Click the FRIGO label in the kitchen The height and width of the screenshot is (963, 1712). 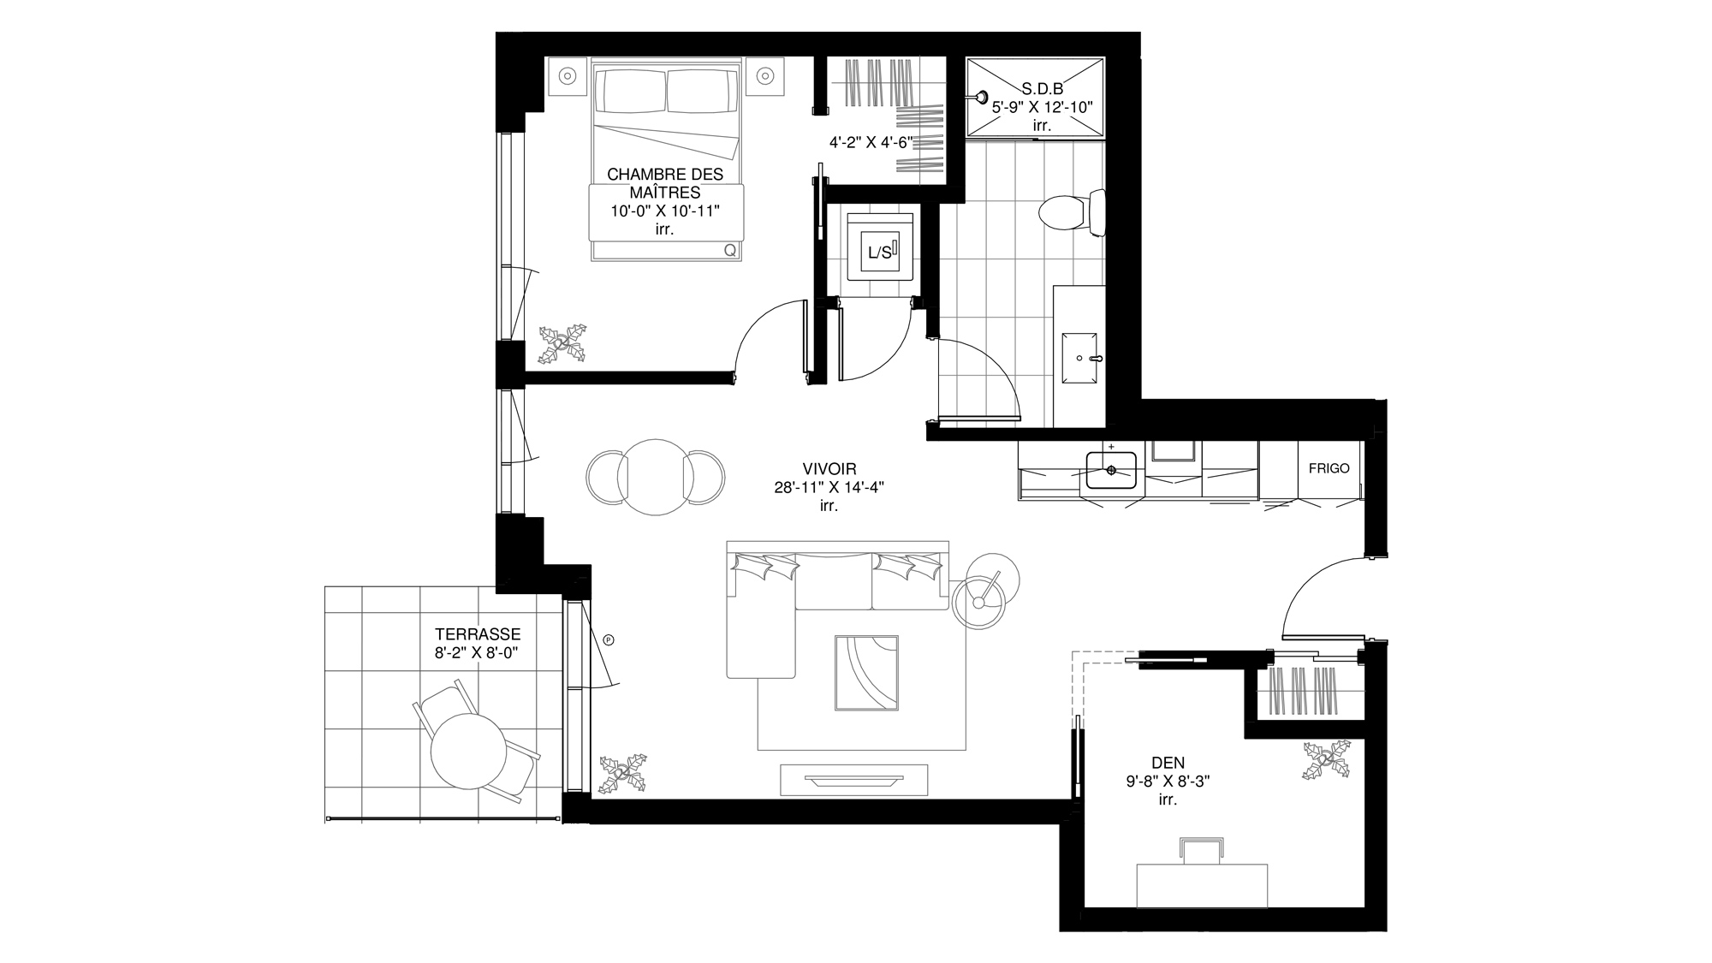(1329, 468)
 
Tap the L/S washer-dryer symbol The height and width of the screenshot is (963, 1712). (879, 252)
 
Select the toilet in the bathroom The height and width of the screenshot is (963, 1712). (1072, 213)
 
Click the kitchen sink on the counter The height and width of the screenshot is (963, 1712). (1111, 470)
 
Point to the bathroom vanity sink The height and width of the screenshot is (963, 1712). (1080, 359)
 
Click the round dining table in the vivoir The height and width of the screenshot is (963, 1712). (655, 477)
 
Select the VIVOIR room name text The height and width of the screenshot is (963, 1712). (829, 469)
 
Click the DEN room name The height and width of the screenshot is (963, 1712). (1168, 763)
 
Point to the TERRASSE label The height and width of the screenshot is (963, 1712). (477, 635)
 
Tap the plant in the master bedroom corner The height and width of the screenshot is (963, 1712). (562, 343)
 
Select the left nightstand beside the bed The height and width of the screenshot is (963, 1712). (567, 76)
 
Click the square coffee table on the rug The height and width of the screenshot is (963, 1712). (867, 673)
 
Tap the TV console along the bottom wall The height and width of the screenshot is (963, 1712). (853, 780)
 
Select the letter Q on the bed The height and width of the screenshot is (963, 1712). (730, 251)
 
